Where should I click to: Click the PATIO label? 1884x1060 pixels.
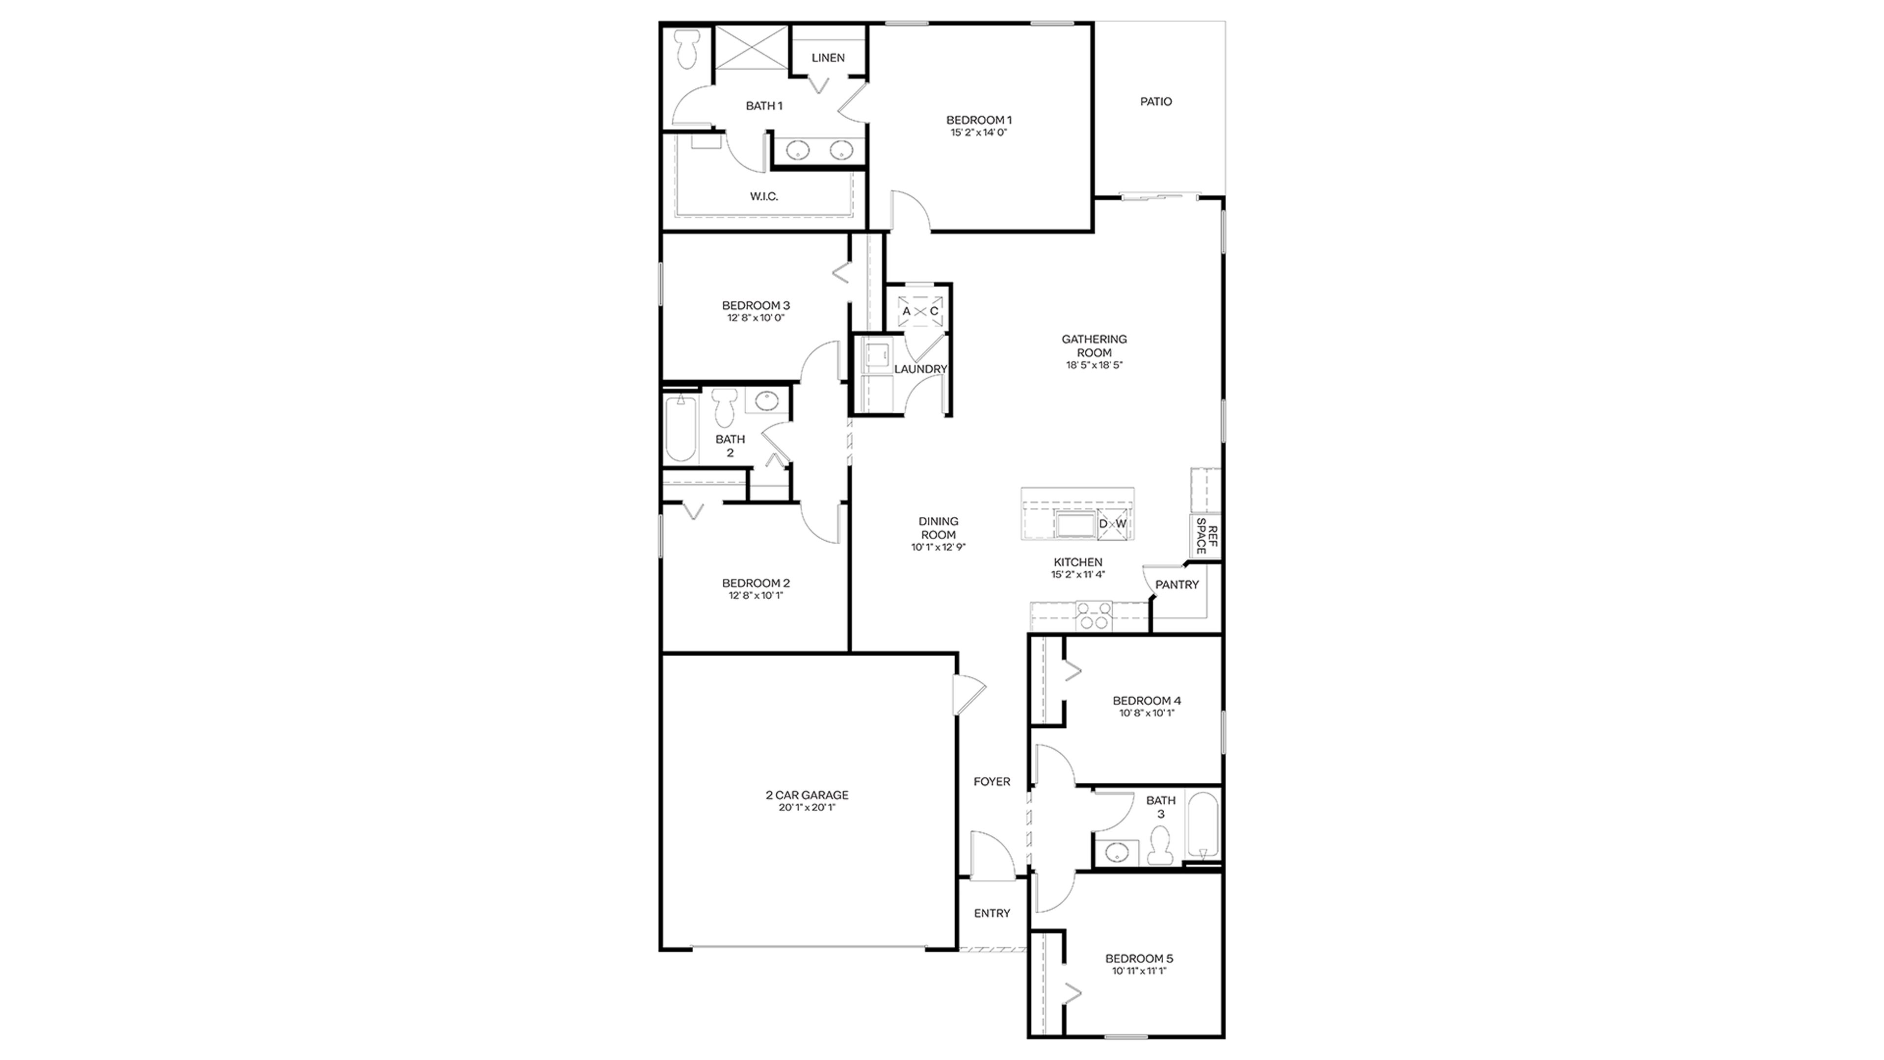1155,102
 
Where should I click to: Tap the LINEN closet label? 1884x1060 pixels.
828,58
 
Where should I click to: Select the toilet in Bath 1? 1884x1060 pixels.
686,50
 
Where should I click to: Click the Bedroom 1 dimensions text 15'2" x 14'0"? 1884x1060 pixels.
979,133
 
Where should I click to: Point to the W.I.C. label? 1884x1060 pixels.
763,197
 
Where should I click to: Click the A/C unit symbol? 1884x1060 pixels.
920,312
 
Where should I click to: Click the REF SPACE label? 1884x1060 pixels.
1207,536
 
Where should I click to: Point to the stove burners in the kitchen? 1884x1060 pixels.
1094,616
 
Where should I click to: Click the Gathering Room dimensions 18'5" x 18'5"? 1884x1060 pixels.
1094,365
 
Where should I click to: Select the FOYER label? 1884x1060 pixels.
992,782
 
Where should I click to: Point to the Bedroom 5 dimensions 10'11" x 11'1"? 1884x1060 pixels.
1139,972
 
